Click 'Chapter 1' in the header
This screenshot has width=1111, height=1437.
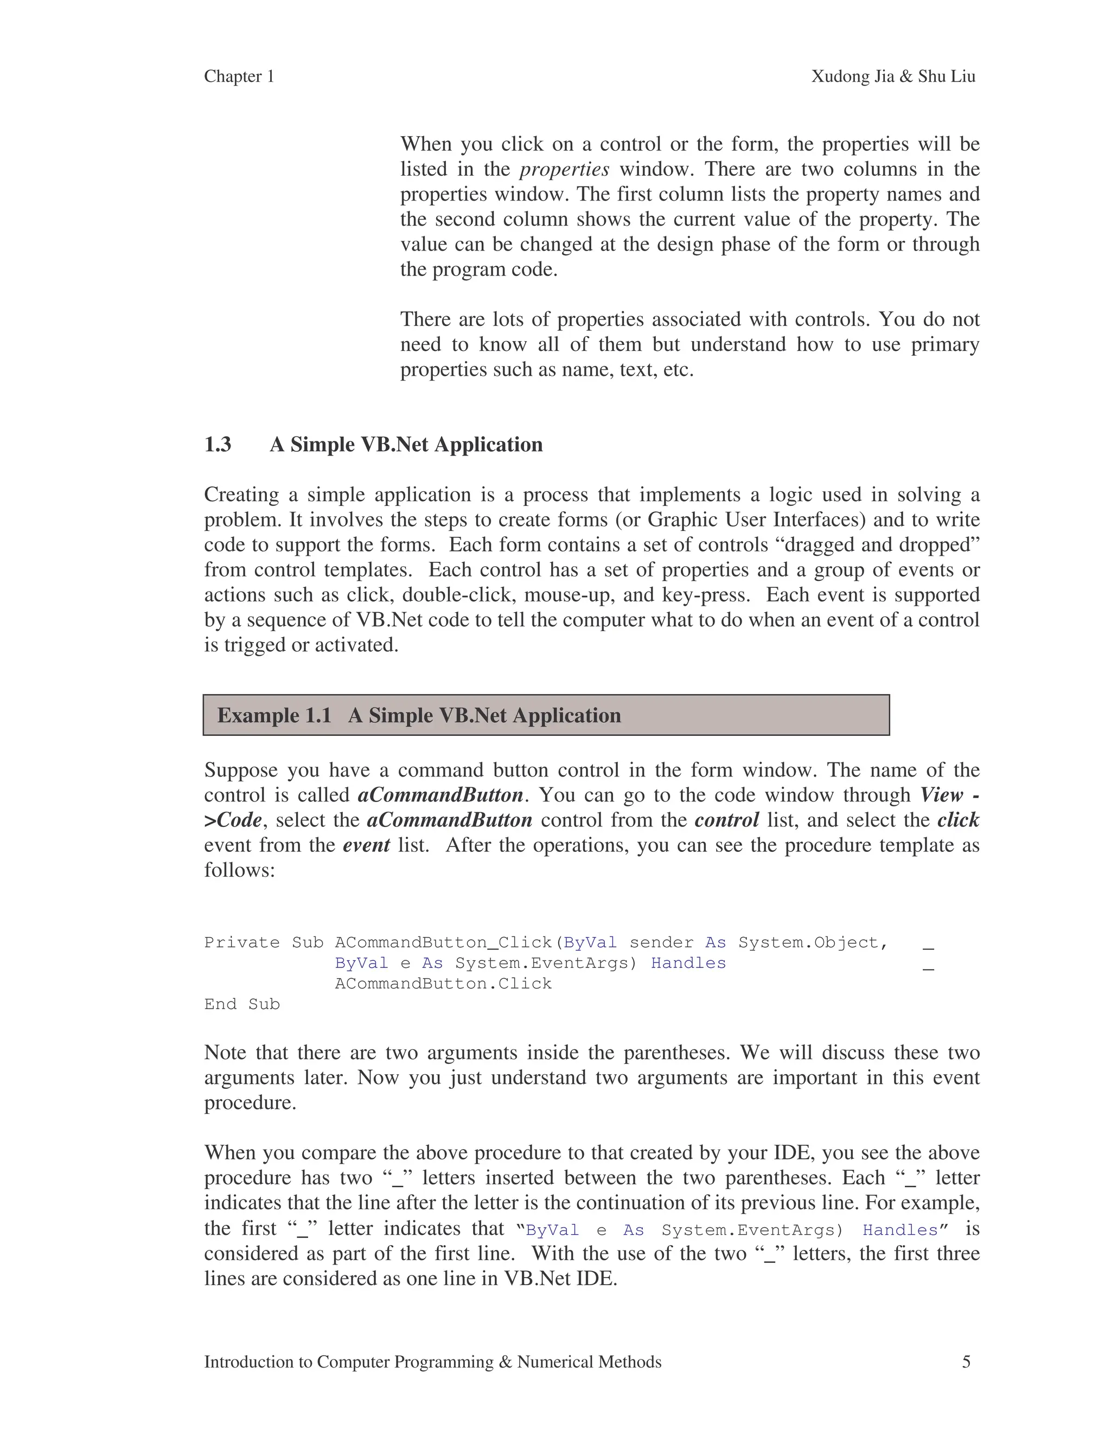click(x=239, y=76)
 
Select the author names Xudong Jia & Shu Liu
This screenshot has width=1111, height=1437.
click(x=892, y=76)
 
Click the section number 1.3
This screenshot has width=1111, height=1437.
click(x=218, y=444)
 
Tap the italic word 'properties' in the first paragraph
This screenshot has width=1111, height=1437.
click(x=564, y=169)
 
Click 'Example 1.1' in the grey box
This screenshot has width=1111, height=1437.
click(x=274, y=715)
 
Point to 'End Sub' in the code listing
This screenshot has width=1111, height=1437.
click(x=241, y=1004)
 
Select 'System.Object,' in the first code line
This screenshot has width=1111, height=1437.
click(x=813, y=942)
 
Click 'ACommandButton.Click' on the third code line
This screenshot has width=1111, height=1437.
click(x=443, y=984)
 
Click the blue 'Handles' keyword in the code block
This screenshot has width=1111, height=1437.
click(x=688, y=963)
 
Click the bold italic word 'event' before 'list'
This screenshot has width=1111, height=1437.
click(x=366, y=845)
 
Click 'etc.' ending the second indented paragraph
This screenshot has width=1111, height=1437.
click(x=678, y=370)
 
